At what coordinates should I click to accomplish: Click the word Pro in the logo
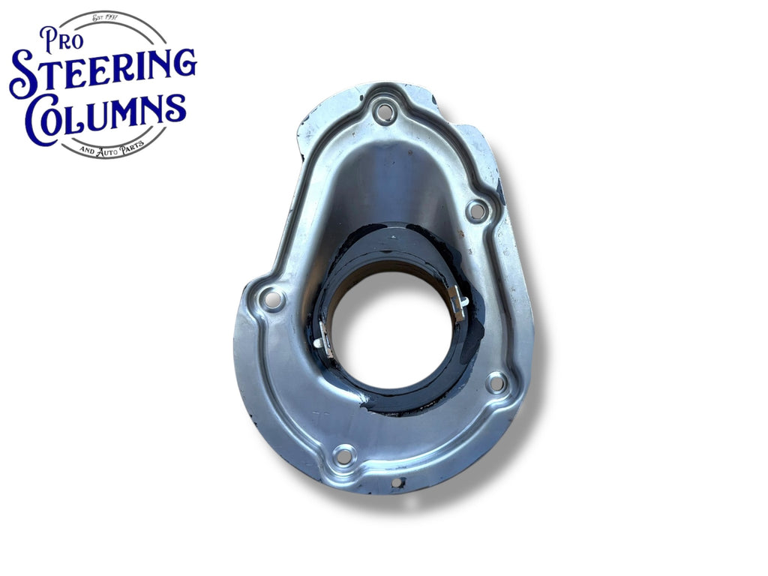(61, 40)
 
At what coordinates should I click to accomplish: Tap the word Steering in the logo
(103, 73)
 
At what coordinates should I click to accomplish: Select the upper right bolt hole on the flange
(475, 211)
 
